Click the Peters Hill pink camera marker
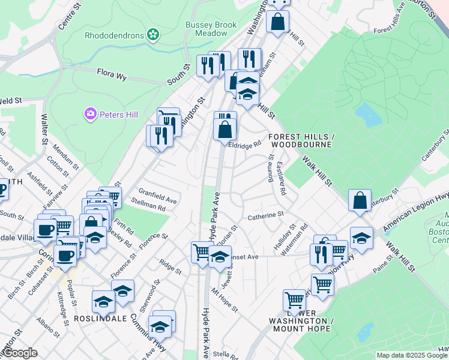91,113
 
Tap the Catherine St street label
265,214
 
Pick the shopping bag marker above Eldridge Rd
224,128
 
